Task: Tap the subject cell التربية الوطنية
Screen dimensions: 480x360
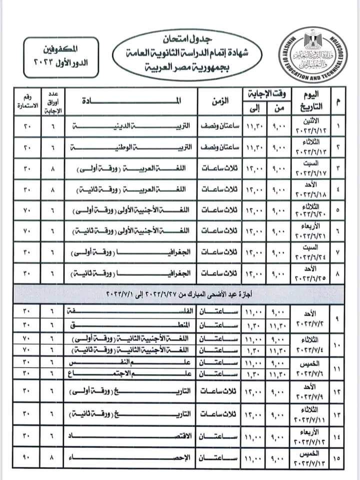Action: click(x=135, y=148)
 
